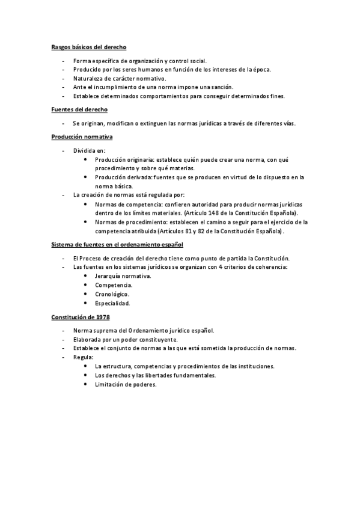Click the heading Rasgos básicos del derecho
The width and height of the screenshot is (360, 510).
[x=88, y=46]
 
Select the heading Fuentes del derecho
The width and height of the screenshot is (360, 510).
[x=79, y=109]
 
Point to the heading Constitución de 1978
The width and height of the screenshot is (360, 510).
[x=80, y=316]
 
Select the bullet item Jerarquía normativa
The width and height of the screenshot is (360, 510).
[x=123, y=276]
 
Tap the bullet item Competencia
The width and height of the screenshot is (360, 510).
[x=114, y=285]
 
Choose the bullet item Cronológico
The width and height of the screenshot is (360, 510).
[x=112, y=294]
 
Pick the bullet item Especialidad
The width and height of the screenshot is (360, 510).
[x=112, y=303]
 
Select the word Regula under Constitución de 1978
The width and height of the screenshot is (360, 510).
[x=84, y=357]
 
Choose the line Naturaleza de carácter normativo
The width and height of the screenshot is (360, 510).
[x=120, y=78]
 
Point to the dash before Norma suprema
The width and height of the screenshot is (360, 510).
[x=63, y=331]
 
